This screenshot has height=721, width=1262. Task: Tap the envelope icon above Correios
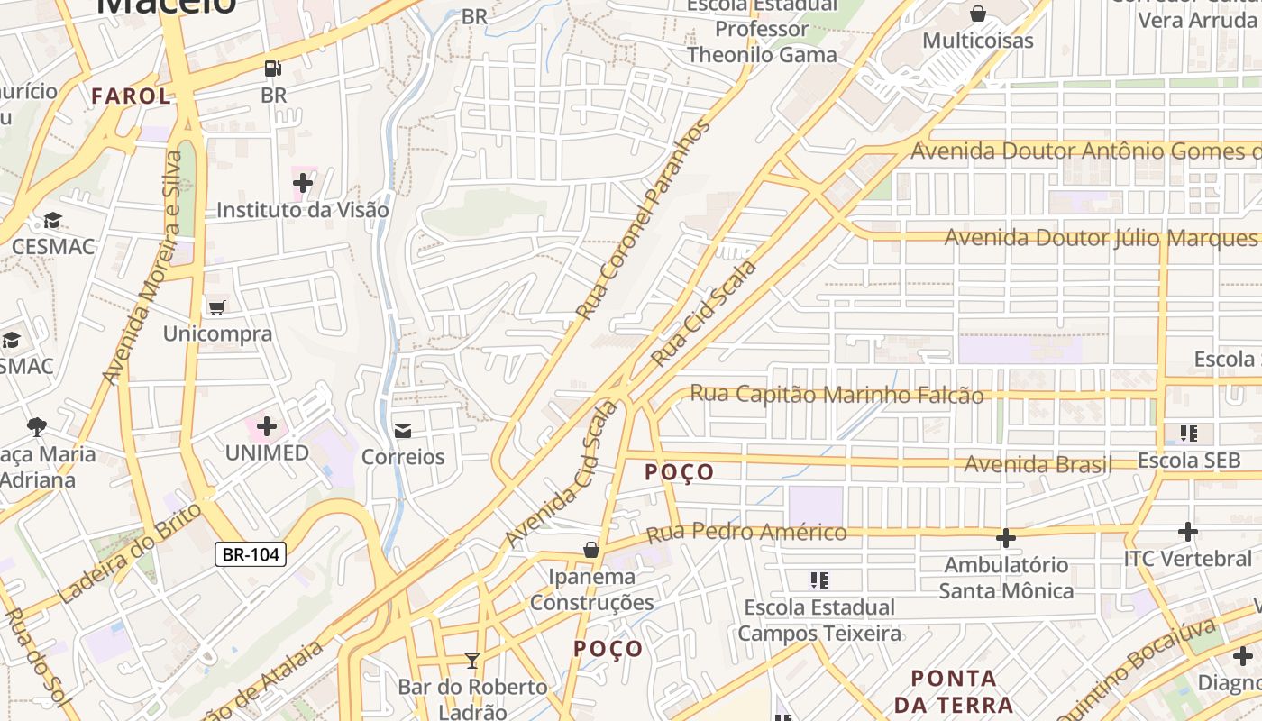coord(403,431)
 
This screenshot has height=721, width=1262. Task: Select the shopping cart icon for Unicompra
coord(216,308)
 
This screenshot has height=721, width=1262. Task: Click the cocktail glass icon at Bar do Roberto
coord(471,661)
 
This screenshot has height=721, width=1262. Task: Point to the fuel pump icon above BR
coord(272,68)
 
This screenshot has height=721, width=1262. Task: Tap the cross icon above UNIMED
coord(267,425)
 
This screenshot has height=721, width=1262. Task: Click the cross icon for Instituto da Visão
coord(303,184)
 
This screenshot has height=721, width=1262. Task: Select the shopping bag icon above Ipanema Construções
coord(591,550)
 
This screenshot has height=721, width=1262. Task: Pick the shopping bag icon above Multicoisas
coord(977,14)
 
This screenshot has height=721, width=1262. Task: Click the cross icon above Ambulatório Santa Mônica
coord(1006,539)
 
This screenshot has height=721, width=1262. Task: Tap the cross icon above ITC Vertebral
coord(1188,532)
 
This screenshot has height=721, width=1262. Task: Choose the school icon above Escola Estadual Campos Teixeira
coord(818,580)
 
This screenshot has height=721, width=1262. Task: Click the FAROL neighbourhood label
coord(131,96)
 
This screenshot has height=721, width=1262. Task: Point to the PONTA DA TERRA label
coord(954,690)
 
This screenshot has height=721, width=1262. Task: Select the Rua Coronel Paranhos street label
coord(644,220)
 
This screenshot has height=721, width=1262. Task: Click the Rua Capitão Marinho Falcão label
coord(837,394)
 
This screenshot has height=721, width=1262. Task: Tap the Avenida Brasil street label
coord(1038,464)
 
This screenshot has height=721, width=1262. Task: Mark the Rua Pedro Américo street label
coord(746,533)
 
